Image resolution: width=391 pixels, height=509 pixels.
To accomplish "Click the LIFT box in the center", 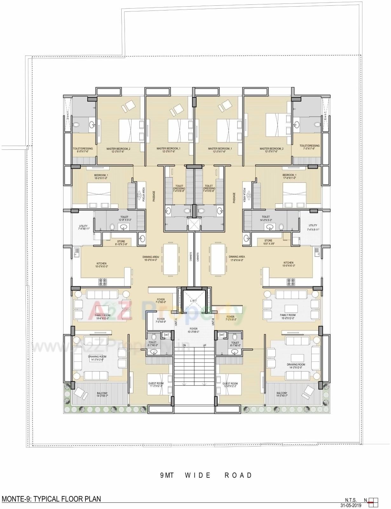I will click(x=193, y=300).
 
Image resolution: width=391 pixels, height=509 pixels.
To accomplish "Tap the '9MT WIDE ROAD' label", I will click(x=206, y=475).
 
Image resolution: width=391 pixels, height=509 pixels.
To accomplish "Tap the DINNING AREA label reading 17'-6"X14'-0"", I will click(x=236, y=258).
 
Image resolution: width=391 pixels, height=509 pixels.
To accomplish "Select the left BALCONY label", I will click(x=102, y=394).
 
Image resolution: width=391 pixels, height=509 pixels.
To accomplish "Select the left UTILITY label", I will click(x=83, y=228).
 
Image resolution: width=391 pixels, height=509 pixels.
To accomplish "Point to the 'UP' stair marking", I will click(x=205, y=345).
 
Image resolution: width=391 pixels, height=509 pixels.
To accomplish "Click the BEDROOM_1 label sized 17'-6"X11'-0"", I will click(x=289, y=176).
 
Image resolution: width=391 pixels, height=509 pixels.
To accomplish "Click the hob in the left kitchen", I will click(x=103, y=281).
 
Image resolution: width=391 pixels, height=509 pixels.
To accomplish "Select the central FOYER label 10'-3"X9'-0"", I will click(x=193, y=330).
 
